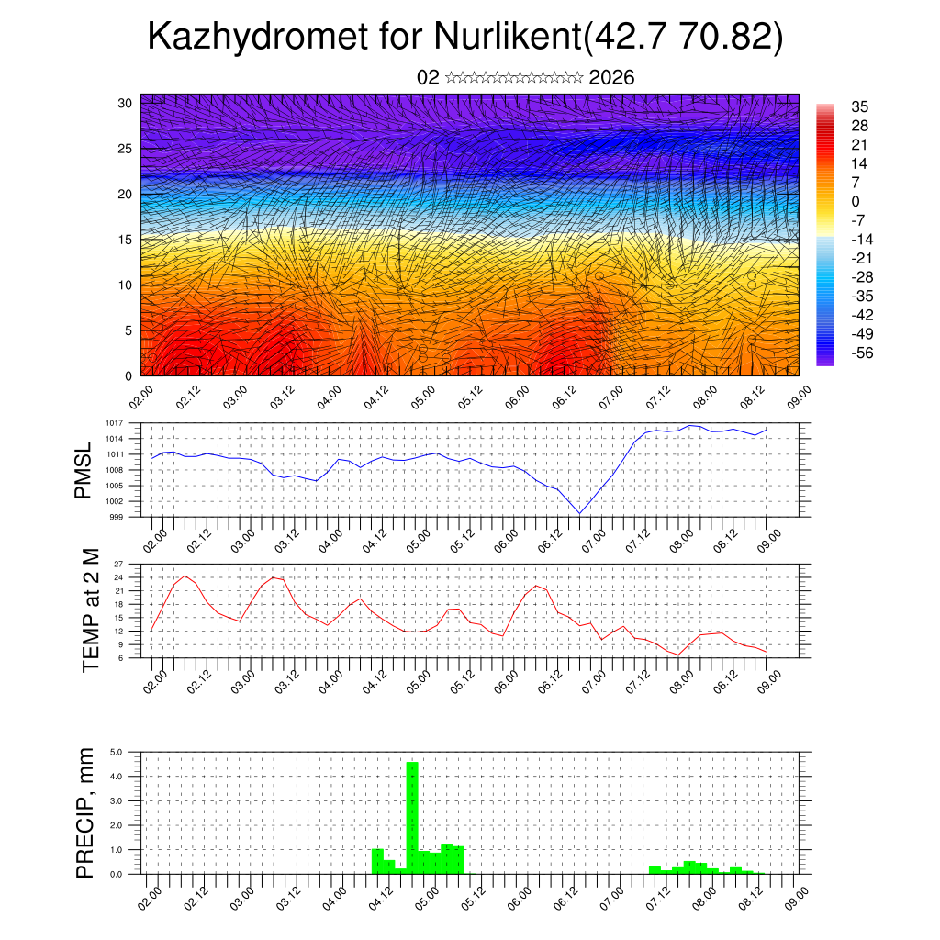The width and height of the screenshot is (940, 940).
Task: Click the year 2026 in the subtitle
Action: [611, 78]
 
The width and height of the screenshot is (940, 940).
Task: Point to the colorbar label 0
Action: [856, 201]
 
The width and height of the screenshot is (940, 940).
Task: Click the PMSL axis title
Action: [84, 470]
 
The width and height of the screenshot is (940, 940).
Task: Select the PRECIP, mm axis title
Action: [85, 812]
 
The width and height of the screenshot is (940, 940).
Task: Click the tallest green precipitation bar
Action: [412, 817]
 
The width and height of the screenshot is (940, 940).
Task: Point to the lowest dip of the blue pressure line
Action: [579, 513]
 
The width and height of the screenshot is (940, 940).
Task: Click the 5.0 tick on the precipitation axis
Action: [117, 752]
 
